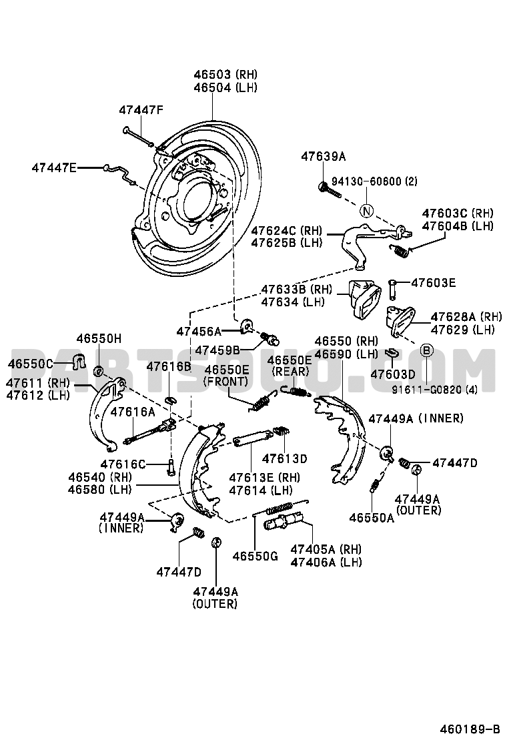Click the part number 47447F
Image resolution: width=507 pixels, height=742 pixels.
point(141,110)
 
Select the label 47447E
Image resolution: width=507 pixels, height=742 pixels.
point(54,167)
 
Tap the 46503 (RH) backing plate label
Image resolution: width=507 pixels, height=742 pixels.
point(225,75)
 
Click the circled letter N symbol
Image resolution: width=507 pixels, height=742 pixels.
point(366,212)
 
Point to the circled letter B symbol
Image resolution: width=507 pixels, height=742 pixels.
point(427,350)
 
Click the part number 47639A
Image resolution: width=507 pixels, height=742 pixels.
point(323,157)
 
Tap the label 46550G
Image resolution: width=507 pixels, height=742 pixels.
point(255,556)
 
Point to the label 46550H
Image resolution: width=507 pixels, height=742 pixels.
point(99,339)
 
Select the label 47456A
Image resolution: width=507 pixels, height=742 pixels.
point(199,331)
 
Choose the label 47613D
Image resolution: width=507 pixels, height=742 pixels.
point(284,458)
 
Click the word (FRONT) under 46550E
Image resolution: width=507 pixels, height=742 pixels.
point(226,381)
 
